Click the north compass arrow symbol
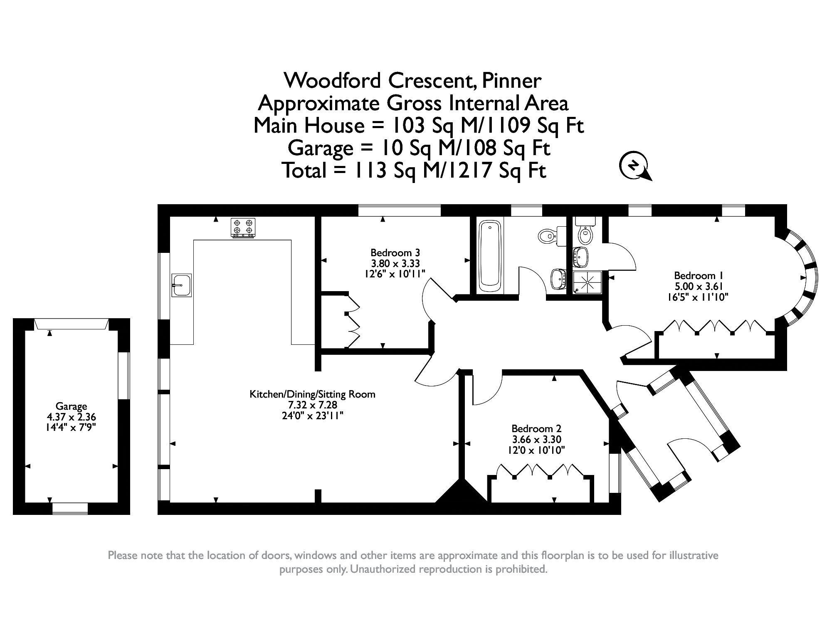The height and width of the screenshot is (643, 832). click(x=634, y=166)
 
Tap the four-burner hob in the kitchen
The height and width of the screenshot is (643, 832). click(x=243, y=228)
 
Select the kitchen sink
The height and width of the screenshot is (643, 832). click(x=182, y=285)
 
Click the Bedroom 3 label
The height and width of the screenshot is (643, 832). click(x=395, y=252)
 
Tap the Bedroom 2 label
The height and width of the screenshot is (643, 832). click(x=536, y=428)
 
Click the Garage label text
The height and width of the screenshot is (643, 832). click(x=71, y=406)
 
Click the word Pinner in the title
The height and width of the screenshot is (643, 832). click(x=511, y=81)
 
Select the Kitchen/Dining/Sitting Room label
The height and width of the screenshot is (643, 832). click(x=312, y=394)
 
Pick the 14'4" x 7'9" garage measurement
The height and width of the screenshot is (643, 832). click(x=71, y=428)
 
